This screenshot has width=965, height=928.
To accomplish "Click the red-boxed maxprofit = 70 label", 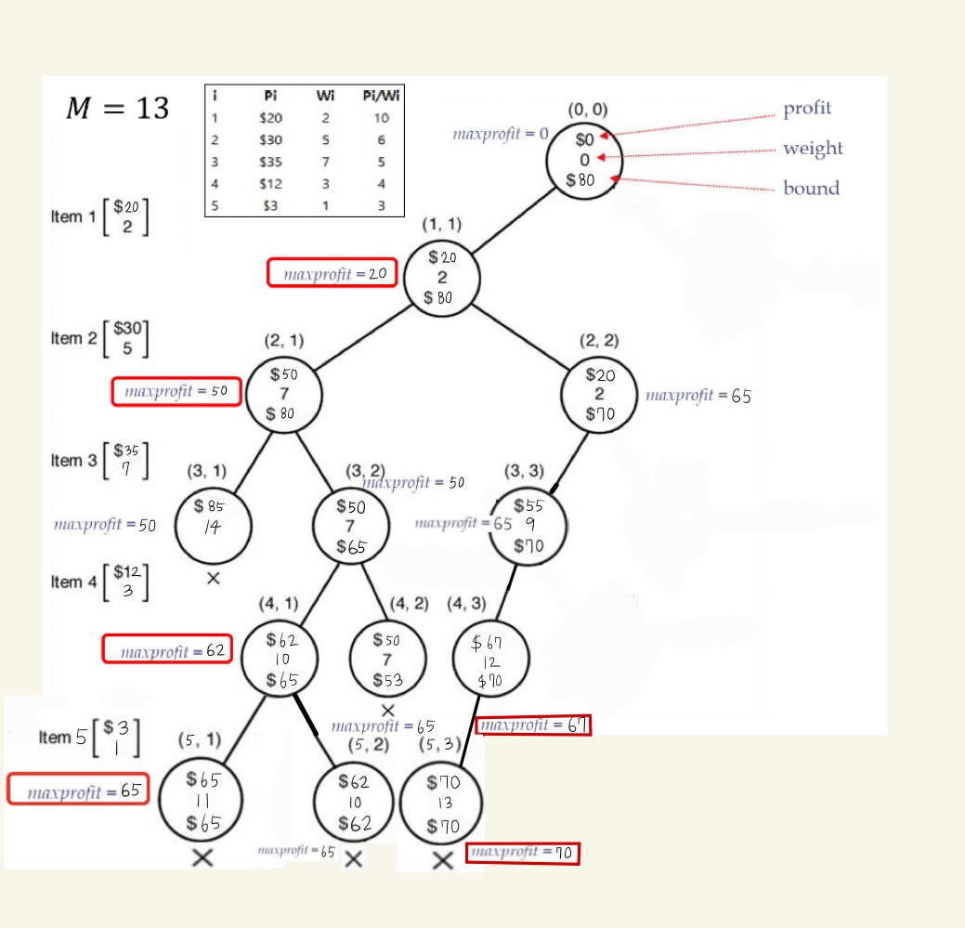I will [x=522, y=853].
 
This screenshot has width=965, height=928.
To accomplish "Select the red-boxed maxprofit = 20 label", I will [x=333, y=273].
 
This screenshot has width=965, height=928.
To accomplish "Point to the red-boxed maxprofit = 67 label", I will [x=532, y=725].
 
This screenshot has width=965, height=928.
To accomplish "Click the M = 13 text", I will [x=117, y=109].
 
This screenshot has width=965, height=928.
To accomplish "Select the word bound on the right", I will [x=811, y=189].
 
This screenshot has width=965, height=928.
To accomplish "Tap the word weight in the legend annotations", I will [x=813, y=149].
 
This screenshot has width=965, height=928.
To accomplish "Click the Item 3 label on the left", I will [x=67, y=461].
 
